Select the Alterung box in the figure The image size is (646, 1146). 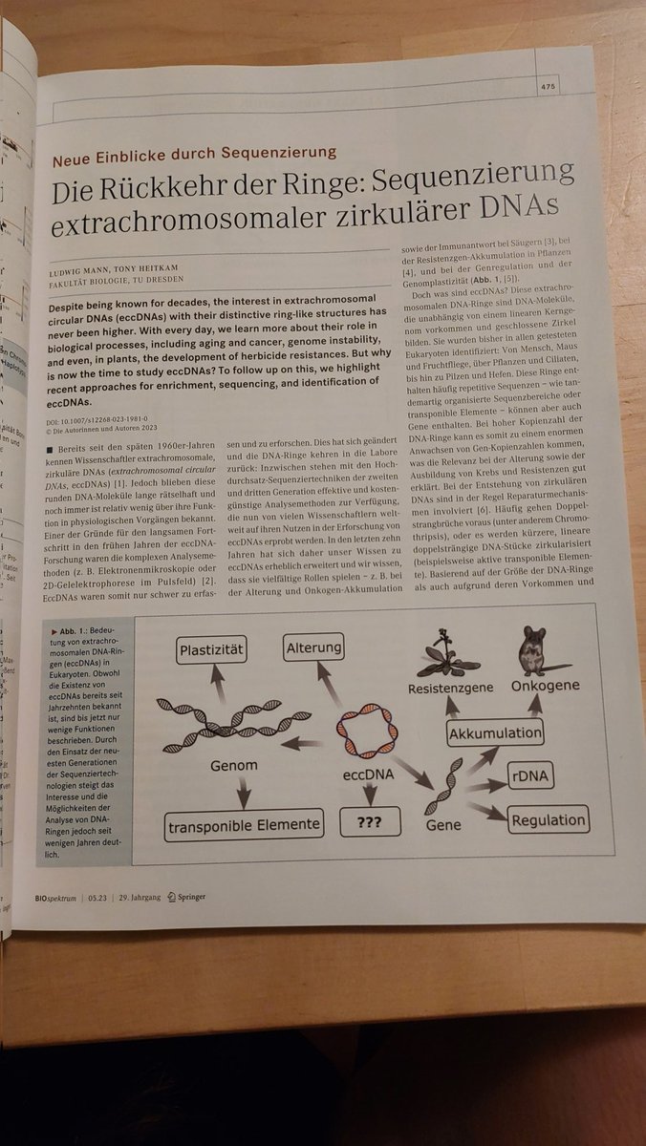pos(314,648)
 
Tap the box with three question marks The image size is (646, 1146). pos(369,822)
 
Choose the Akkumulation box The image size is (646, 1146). pos(495,733)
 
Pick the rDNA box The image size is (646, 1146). pos(531,775)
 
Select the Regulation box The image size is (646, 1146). pos(549,819)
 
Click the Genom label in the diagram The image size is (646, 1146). pos(234,766)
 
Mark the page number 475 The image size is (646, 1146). pos(547,86)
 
